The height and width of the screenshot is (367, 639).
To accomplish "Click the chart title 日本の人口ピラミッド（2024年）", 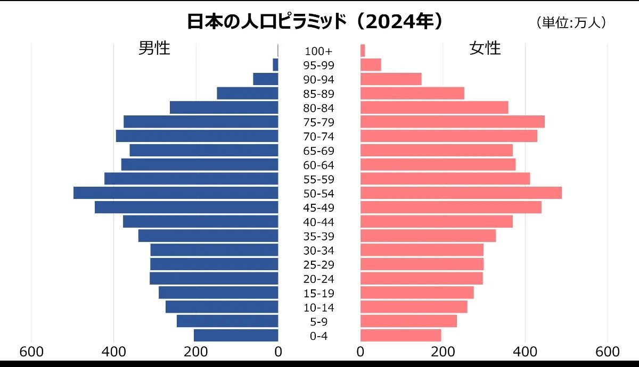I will pyautogui.click(x=315, y=21).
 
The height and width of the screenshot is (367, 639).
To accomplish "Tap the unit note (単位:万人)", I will pyautogui.click(x=571, y=23).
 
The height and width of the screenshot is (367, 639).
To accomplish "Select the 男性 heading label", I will pyautogui.click(x=154, y=48).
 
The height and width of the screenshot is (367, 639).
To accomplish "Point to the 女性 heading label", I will pyautogui.click(x=485, y=48).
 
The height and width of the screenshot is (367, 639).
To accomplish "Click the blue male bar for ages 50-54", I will pyautogui.click(x=176, y=193).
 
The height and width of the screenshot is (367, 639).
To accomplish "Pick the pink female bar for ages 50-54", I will pyautogui.click(x=461, y=193).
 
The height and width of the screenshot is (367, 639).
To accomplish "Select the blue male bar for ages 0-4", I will pyautogui.click(x=236, y=336).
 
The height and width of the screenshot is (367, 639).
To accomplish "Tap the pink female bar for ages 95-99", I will pyautogui.click(x=371, y=65).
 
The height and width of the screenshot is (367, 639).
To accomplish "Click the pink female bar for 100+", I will pyautogui.click(x=363, y=51).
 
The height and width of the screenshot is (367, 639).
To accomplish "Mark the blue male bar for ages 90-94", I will pyautogui.click(x=266, y=79).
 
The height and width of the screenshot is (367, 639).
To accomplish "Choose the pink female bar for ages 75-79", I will pyautogui.click(x=453, y=122).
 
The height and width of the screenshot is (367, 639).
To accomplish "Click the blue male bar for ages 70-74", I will pyautogui.click(x=197, y=136).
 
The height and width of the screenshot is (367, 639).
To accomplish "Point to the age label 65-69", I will pyautogui.click(x=318, y=151).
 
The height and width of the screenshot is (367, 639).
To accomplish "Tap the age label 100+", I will pyautogui.click(x=318, y=51).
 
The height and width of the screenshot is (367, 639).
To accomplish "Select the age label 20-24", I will pyautogui.click(x=318, y=279).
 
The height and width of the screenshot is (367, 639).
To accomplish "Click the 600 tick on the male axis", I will pyautogui.click(x=31, y=352).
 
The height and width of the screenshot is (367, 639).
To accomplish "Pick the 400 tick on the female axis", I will pyautogui.click(x=526, y=352).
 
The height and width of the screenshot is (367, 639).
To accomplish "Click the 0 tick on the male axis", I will pyautogui.click(x=278, y=352).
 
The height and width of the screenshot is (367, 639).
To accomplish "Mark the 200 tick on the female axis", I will pyautogui.click(x=443, y=352).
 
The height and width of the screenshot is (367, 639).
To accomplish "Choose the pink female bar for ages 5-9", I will pyautogui.click(x=408, y=321).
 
